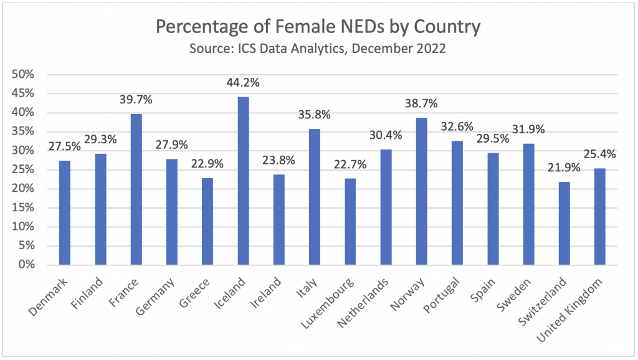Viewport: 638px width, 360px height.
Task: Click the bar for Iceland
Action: [243, 181]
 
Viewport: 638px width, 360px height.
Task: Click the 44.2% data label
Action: [243, 83]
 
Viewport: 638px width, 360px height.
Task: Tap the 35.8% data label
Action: [315, 115]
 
